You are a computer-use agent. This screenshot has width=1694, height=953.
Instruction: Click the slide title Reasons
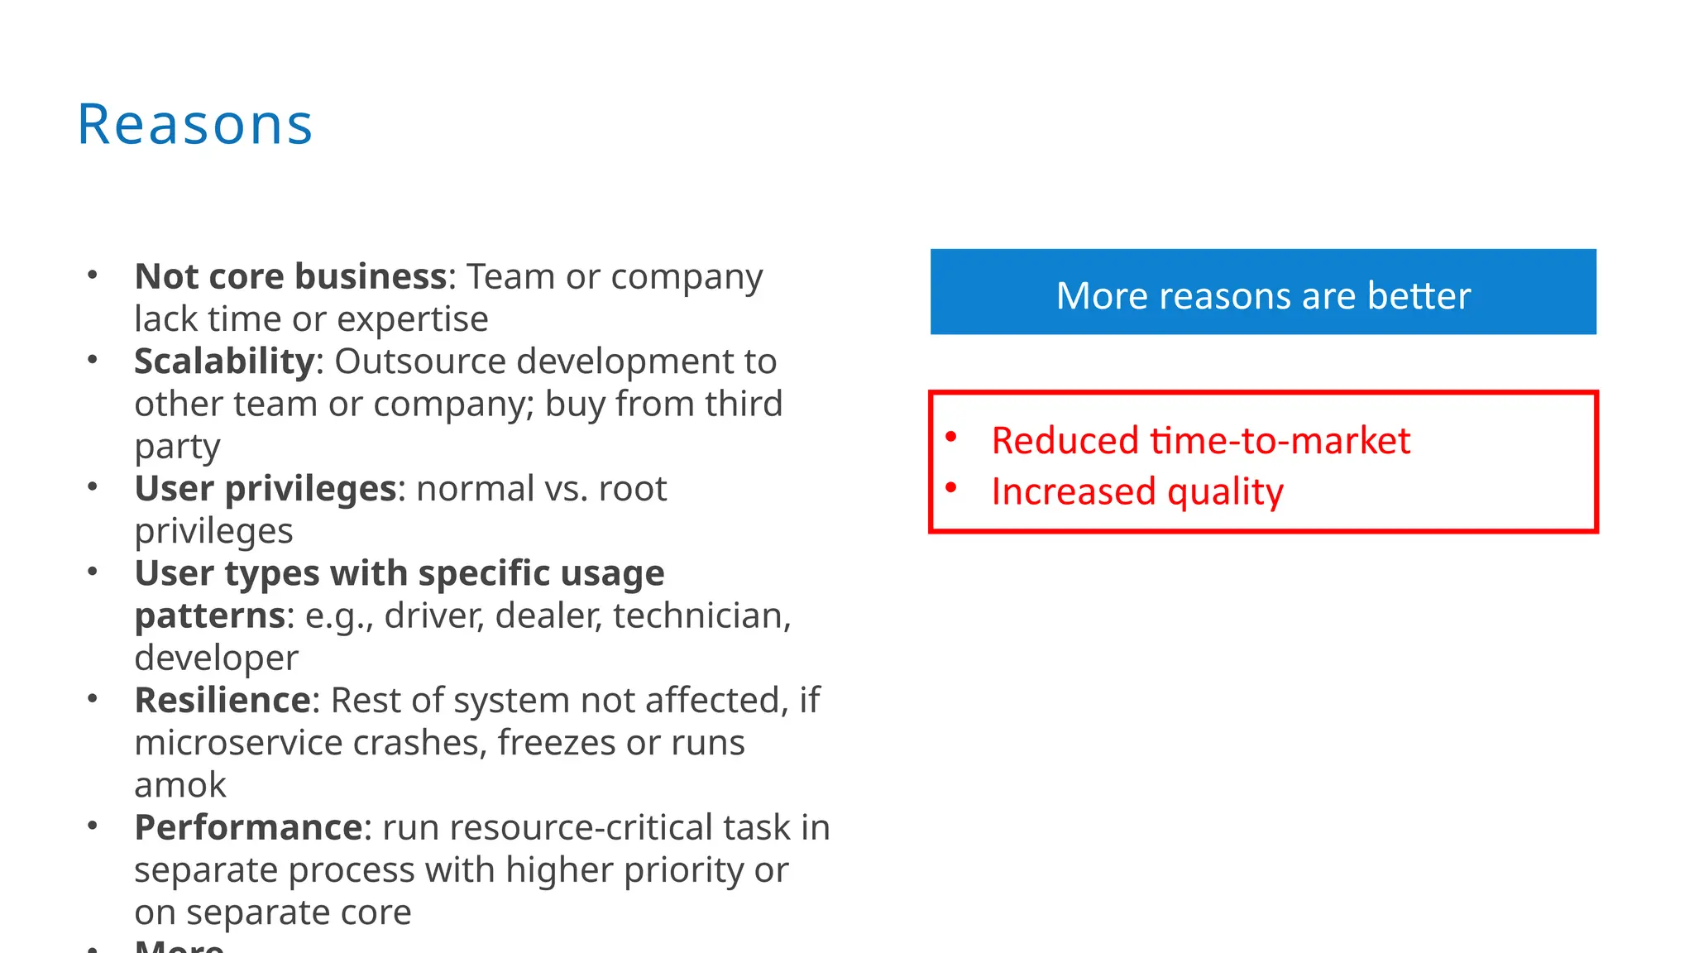pos(195,125)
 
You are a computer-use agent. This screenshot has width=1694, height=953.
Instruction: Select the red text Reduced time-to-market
pos(1200,440)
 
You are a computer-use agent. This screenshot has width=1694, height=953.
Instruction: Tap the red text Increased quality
pos(1137,491)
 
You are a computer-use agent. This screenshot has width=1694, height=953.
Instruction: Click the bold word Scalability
pos(224,362)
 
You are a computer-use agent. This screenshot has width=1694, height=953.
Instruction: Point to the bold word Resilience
pos(223,701)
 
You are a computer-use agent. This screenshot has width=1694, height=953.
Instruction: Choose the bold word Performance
pos(248,827)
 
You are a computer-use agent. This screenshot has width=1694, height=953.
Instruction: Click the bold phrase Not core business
pos(291,276)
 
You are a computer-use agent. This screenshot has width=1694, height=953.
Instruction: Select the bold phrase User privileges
pos(266,489)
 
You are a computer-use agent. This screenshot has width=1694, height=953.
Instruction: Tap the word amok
pos(180,785)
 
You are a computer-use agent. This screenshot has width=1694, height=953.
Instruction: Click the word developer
pos(216,658)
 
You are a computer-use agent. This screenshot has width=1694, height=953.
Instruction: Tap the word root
pos(633,489)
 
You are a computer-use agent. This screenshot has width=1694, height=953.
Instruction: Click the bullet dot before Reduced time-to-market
pos(951,437)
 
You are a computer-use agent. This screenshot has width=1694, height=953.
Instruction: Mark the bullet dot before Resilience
pos(93,699)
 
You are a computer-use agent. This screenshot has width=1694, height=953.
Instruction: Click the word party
pos(177,447)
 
